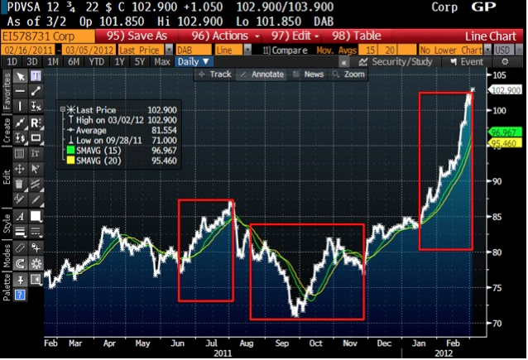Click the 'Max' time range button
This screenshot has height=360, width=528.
tap(162, 62)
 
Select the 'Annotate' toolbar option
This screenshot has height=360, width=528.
tap(263, 74)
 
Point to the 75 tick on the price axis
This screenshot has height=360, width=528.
tap(498, 287)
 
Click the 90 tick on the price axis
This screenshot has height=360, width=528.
tap(498, 181)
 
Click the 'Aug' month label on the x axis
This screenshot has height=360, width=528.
tap(245, 342)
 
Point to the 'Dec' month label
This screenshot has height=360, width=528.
tap(383, 342)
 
